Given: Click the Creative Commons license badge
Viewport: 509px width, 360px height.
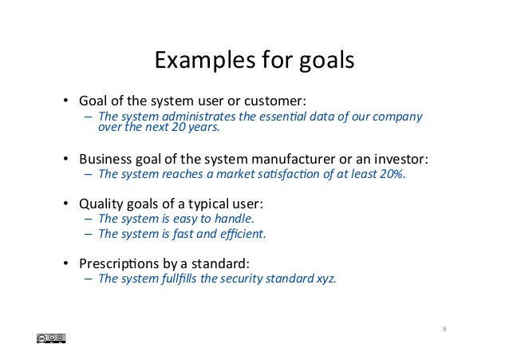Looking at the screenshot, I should pos(50,339).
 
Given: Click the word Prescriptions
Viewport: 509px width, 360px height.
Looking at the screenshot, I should pos(119,263).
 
